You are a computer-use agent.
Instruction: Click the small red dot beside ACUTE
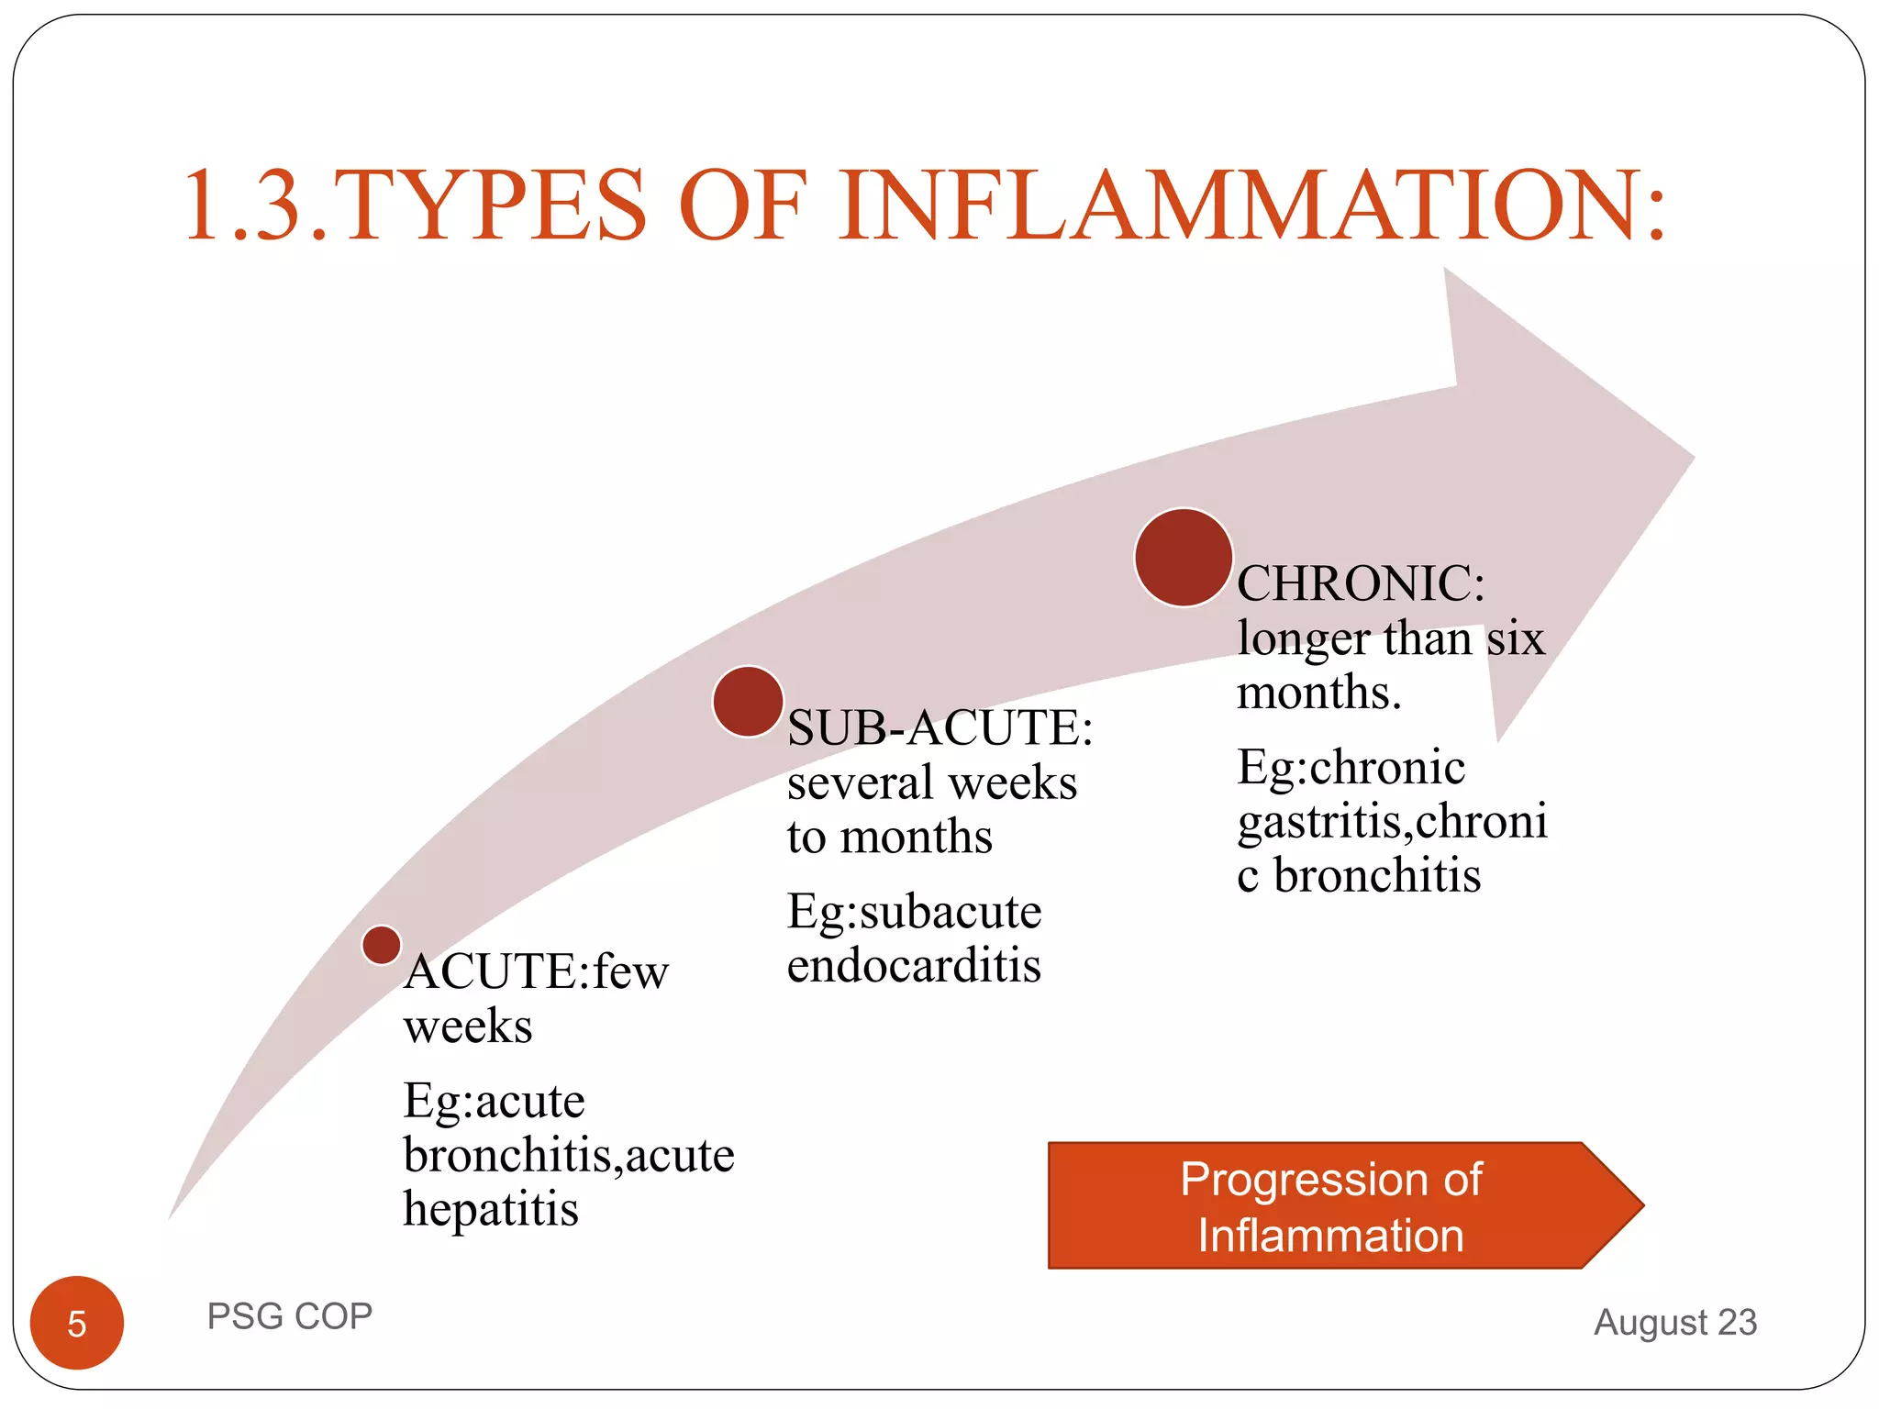381,945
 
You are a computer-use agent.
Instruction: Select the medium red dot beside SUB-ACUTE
748,702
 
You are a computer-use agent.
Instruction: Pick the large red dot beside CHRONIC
1183,558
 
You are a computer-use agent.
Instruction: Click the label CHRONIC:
1361,583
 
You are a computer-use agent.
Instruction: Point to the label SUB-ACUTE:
939,728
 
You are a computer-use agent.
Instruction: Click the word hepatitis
491,1210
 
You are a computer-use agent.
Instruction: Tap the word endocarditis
914,966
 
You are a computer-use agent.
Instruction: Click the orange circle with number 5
77,1323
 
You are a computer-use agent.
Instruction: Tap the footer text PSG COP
289,1316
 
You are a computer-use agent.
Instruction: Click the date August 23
1675,1322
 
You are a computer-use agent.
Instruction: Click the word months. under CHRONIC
1318,693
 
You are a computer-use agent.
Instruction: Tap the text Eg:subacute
914,912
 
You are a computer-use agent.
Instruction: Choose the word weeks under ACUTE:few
468,1026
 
